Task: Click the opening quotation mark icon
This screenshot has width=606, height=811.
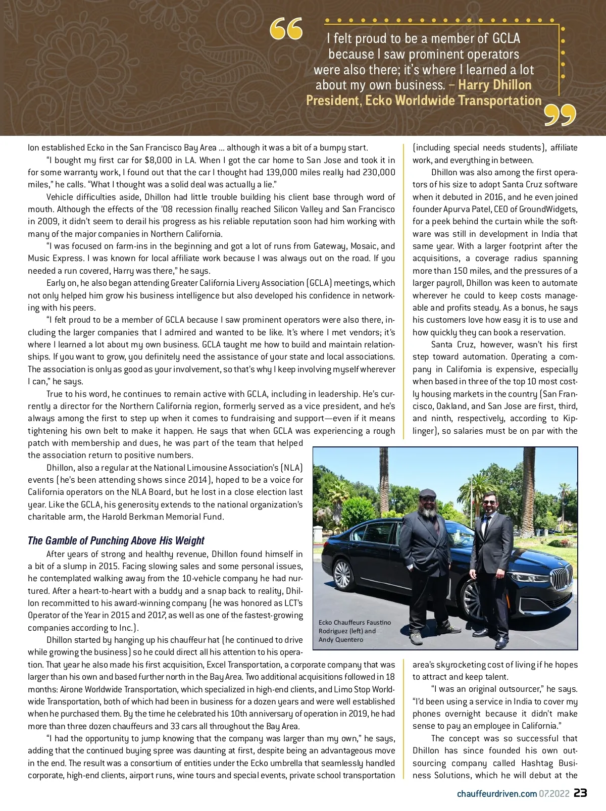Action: [x=286, y=29]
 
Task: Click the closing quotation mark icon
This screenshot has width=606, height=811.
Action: [x=560, y=116]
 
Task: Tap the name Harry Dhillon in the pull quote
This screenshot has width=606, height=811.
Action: [x=494, y=85]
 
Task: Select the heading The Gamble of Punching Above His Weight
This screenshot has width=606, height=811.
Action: [x=116, y=541]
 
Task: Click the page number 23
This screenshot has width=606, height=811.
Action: [x=580, y=793]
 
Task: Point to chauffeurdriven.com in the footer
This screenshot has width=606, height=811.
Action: [x=496, y=793]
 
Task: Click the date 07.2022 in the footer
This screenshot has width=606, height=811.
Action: [x=554, y=793]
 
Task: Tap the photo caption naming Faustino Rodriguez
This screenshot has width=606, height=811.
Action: [x=355, y=631]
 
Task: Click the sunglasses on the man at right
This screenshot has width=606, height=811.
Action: [x=489, y=501]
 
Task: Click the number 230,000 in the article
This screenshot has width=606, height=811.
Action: [x=379, y=172]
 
